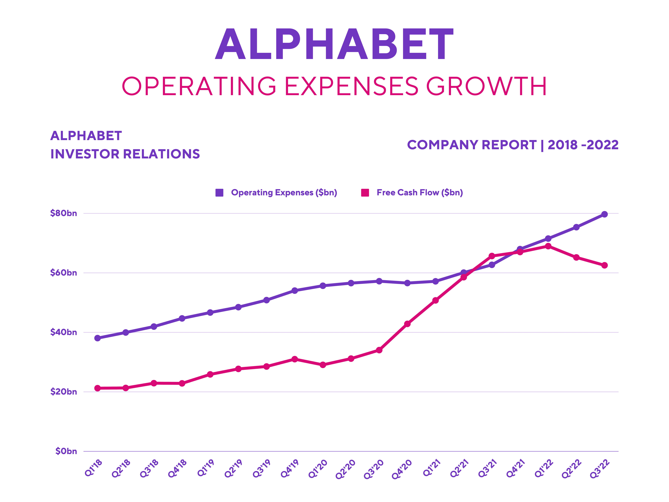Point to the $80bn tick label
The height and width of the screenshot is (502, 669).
coord(63,213)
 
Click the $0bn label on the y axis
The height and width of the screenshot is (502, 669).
coord(66,451)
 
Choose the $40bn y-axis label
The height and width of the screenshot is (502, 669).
coord(63,332)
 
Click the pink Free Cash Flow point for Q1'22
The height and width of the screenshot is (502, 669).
coord(548,246)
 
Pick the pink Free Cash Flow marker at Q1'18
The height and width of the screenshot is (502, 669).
coord(97,388)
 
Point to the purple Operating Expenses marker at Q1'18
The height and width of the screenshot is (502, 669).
coord(97,338)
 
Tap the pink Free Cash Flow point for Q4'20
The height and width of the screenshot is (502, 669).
coord(407,324)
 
